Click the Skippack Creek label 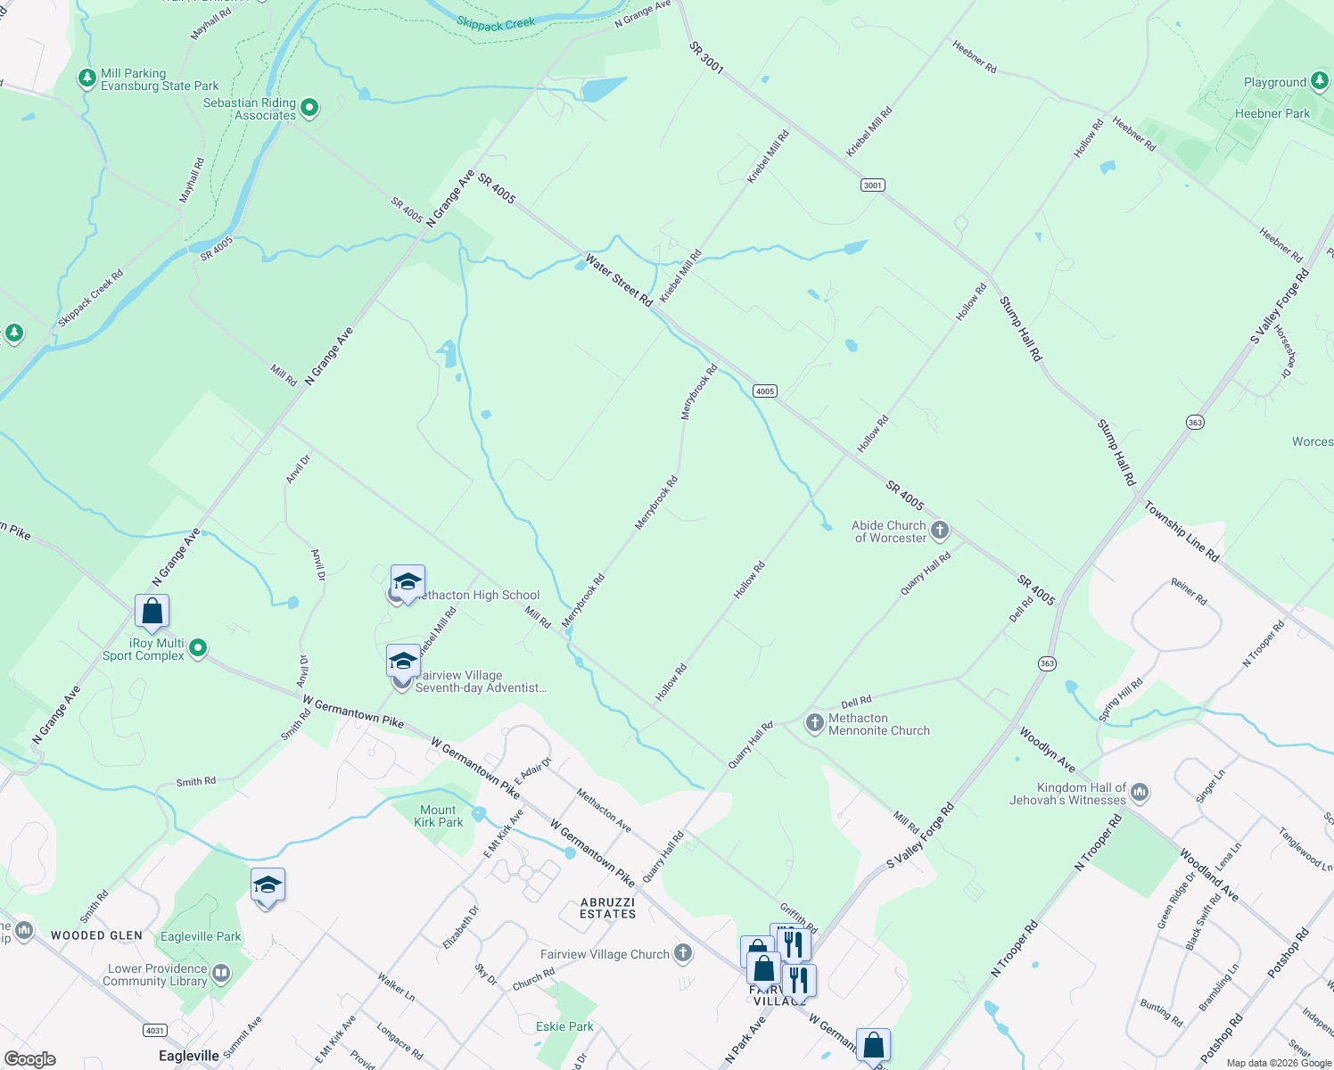pos(496,24)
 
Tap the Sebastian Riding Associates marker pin pos(309,109)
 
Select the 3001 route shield pos(872,185)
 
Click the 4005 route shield pos(764,391)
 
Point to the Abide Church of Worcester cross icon pos(939,531)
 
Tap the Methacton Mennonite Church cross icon pos(814,723)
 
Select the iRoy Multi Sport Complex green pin pos(198,648)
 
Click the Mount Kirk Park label pos(438,816)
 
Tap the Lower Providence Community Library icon pos(221,974)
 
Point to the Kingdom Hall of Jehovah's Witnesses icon pos(1139,793)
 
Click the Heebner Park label pos(1272,113)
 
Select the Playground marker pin pos(1320,82)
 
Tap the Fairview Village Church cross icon pos(683,953)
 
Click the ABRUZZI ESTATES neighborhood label pos(608,908)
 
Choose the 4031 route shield pos(155,1031)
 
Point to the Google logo pos(29,1059)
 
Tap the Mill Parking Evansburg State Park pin pos(87,79)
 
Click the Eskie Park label pos(564,1026)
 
